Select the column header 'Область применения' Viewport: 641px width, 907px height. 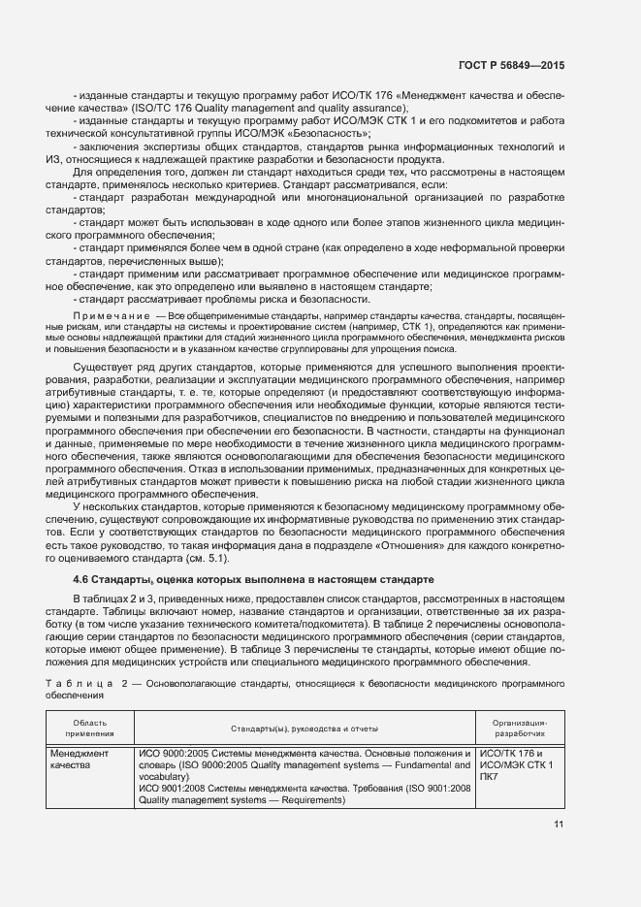tap(90, 728)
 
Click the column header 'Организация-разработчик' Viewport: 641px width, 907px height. tap(520, 728)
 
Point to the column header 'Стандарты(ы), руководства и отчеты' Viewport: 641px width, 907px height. tap(304, 728)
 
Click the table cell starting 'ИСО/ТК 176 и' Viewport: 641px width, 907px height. tap(511, 754)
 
